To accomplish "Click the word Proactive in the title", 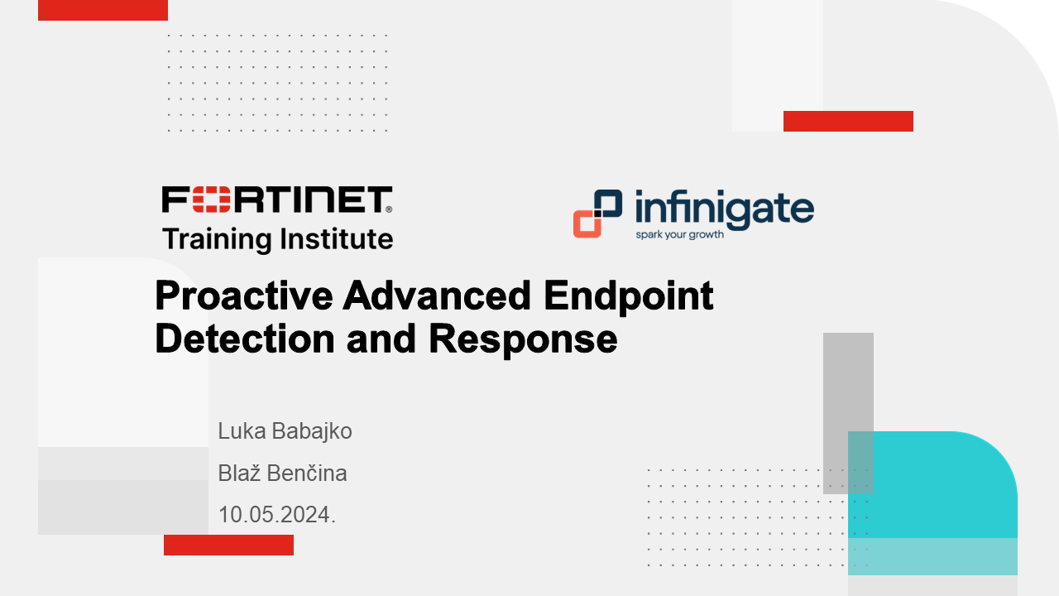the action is pos(243,296).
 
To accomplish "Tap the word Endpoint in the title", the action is pos(628,296).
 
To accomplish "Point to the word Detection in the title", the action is pos(245,339).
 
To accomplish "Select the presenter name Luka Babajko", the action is pos(285,431).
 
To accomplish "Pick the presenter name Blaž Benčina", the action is pos(282,473).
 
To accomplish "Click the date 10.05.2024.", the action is pos(276,515).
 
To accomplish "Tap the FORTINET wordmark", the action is pos(277,199).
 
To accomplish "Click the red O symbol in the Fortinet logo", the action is pos(211,199).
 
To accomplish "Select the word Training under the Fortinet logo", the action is pos(217,239).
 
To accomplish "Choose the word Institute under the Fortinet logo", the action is pos(336,239).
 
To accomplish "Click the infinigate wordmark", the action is pos(724,209).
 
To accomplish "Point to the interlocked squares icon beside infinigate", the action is pos(597,214).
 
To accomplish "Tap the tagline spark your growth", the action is pos(679,234).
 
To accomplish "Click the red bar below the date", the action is pos(229,545).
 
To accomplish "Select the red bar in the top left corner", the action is pos(103,10).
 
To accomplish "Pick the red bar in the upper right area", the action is pos(848,121).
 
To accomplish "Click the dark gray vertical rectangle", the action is pos(848,413).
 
